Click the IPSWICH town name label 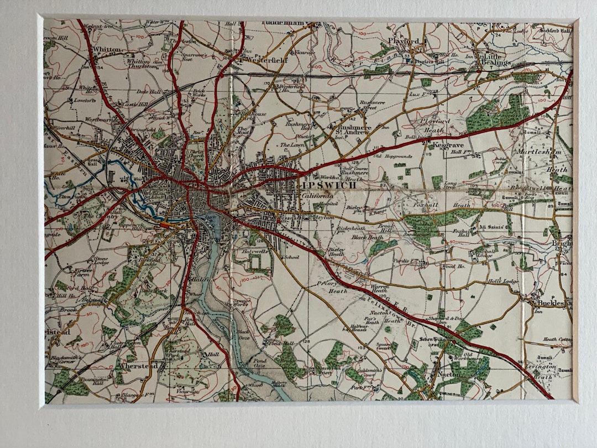pyautogui.click(x=328, y=185)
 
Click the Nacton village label pyautogui.click(x=446, y=375)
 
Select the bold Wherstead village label pyautogui.click(x=139, y=366)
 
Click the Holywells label pyautogui.click(x=255, y=252)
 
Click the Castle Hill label pyautogui.click(x=135, y=104)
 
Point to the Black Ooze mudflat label pyautogui.click(x=243, y=335)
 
